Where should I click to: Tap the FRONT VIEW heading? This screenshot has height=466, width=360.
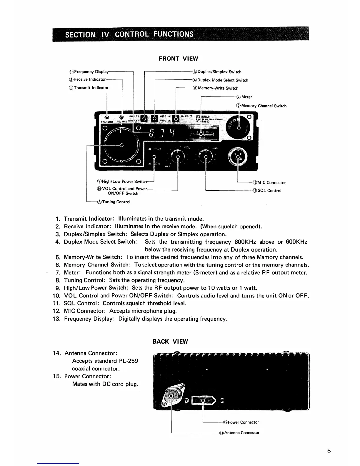(178, 59)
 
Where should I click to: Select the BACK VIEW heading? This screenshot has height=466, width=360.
(170, 342)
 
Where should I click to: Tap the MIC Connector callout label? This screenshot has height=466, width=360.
(269, 183)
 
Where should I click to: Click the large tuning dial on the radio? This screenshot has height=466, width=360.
(121, 145)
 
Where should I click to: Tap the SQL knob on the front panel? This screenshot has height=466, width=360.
(206, 156)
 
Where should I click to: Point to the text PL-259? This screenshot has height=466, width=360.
(129, 361)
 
